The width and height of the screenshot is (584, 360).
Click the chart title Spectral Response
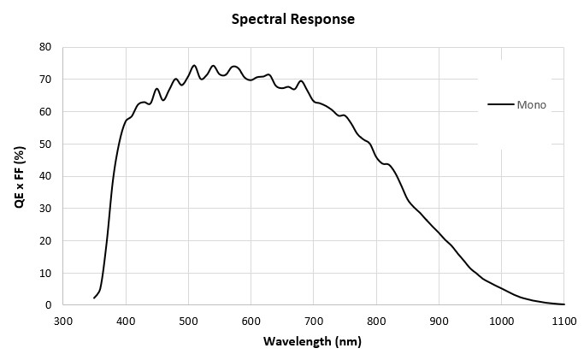[292, 18]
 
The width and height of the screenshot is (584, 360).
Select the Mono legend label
[531, 105]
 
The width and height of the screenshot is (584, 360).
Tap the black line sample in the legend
[499, 105]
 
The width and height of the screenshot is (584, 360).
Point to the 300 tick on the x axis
[63, 322]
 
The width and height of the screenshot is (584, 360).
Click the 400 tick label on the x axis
[126, 322]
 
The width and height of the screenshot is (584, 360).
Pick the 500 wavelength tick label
[188, 322]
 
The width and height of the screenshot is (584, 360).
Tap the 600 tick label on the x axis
[251, 322]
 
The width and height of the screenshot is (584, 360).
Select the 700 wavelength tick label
[314, 322]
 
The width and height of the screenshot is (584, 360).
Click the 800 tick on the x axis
[376, 322]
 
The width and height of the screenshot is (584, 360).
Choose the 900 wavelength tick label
[439, 322]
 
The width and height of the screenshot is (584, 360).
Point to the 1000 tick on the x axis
[501, 322]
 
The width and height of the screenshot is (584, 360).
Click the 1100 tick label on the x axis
[563, 322]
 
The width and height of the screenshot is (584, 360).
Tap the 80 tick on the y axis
[45, 47]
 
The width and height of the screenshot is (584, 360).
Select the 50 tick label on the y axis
[45, 144]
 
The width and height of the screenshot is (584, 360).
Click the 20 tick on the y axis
[45, 240]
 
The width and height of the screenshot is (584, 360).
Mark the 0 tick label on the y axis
[49, 305]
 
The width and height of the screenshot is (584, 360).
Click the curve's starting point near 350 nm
[94, 298]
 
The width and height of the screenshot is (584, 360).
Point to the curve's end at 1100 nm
[563, 304]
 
